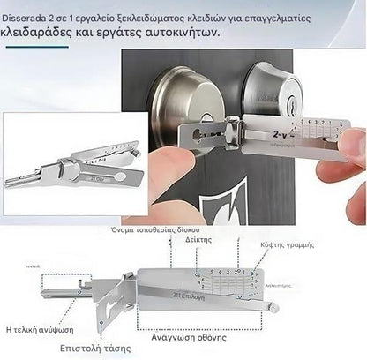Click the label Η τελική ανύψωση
[40, 328]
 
